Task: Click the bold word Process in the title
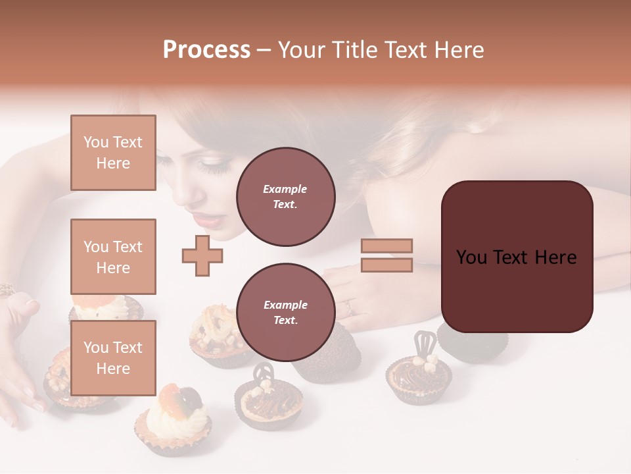pos(206,50)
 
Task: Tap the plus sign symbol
pos(202,255)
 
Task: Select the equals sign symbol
pos(386,255)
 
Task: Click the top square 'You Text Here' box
pos(113,153)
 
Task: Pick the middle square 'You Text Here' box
pos(113,257)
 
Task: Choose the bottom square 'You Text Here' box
pos(113,357)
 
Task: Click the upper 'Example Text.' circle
pos(285,196)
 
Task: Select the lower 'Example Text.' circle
pos(285,312)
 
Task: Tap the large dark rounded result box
pos(517,257)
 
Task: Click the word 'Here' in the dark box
pos(555,257)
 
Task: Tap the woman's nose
pos(195,196)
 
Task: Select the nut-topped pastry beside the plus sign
pos(217,336)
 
